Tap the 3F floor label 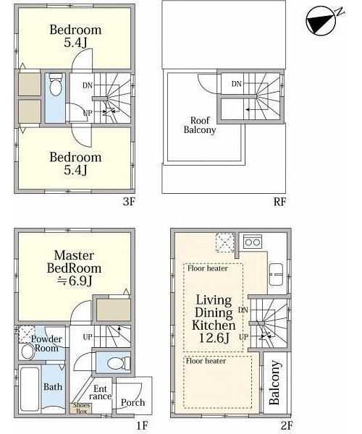(129, 202)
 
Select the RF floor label (279, 202)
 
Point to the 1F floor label (143, 425)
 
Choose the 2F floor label (287, 425)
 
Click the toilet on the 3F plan (56, 85)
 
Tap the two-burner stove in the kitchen (253, 242)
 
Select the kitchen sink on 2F (276, 274)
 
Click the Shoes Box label (81, 408)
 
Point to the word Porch (132, 403)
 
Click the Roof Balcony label (200, 125)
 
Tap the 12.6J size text (214, 338)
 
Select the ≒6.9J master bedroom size (75, 281)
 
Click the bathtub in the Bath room (30, 388)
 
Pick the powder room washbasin (28, 352)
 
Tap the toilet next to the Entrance (119, 363)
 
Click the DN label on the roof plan (236, 84)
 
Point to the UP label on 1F (88, 337)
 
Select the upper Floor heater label (208, 268)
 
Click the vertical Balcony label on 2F (275, 383)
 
